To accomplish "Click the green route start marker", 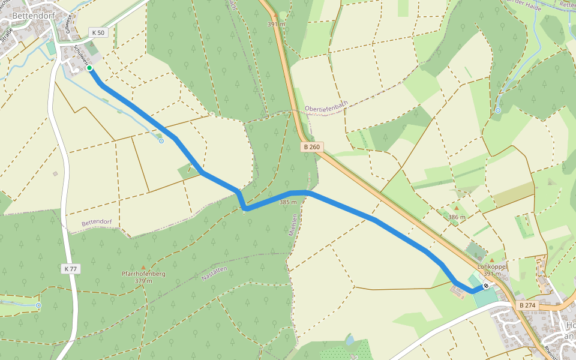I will pyautogui.click(x=89, y=68).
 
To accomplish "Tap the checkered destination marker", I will pyautogui.click(x=485, y=286).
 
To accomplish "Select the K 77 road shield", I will pyautogui.click(x=70, y=269).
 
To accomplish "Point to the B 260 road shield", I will pyautogui.click(x=311, y=147).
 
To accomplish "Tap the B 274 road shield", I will pyautogui.click(x=527, y=305).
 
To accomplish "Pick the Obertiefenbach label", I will pyautogui.click(x=326, y=108).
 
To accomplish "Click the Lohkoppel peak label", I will pyautogui.click(x=493, y=266).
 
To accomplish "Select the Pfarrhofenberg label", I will pyautogui.click(x=143, y=274).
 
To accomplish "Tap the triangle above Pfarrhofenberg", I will pyautogui.click(x=143, y=267).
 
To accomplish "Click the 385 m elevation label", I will pyautogui.click(x=288, y=202).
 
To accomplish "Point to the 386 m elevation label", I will pyautogui.click(x=457, y=217).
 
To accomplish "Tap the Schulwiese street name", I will pyautogui.click(x=80, y=53).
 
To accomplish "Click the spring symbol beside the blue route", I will pyautogui.click(x=161, y=141).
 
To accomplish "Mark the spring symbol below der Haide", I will pyautogui.click(x=498, y=110).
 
